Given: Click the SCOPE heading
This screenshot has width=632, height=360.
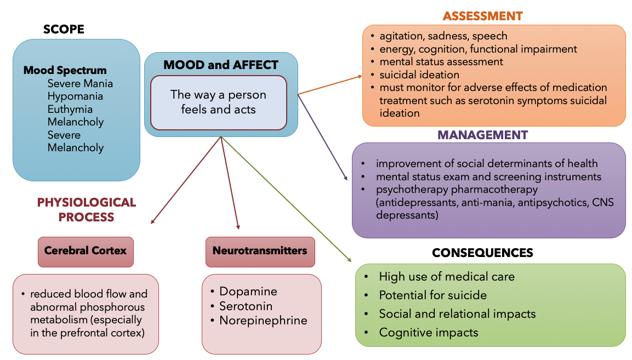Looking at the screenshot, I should pyautogui.click(x=64, y=29).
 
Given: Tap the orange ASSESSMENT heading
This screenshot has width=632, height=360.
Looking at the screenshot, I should pyautogui.click(x=482, y=16).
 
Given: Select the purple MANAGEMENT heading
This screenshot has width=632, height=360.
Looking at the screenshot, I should pyautogui.click(x=482, y=135).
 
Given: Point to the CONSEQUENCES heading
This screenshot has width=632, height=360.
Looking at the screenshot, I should pyautogui.click(x=482, y=253).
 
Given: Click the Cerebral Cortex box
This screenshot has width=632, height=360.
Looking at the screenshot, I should pyautogui.click(x=86, y=251).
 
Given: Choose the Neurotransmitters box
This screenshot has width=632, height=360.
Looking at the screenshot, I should pyautogui.click(x=260, y=251).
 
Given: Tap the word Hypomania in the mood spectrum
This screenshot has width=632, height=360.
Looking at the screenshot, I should pyautogui.click(x=75, y=96).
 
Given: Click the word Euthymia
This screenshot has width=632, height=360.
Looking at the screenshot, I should pyautogui.click(x=70, y=109).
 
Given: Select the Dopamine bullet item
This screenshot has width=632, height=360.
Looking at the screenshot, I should pyautogui.click(x=248, y=292).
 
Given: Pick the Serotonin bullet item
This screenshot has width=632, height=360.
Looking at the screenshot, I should pyautogui.click(x=246, y=306).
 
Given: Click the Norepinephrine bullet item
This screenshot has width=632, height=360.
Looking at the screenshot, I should pyautogui.click(x=263, y=320).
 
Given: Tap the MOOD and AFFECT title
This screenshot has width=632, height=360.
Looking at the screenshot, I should pyautogui.click(x=221, y=65).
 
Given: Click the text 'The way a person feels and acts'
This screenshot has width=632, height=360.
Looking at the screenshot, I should pyautogui.click(x=218, y=102).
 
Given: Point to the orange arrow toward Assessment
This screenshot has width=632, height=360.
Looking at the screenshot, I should pyautogui.click(x=329, y=85).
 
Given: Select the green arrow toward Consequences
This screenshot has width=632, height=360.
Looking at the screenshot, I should pyautogui.click(x=285, y=198).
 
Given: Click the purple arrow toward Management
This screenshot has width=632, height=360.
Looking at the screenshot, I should pyautogui.click(x=322, y=137).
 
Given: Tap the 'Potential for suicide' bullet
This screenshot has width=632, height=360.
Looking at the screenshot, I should pyautogui.click(x=432, y=295).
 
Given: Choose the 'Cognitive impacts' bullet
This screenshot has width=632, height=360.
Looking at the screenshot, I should pyautogui.click(x=428, y=333).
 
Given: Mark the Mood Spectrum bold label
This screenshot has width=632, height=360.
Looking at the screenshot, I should pyautogui.click(x=65, y=71).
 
